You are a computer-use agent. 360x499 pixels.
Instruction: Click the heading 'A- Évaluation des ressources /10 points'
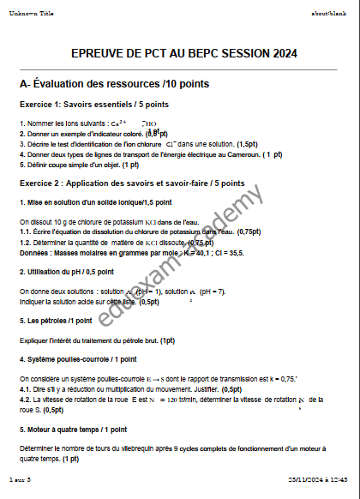[x=115, y=84]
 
